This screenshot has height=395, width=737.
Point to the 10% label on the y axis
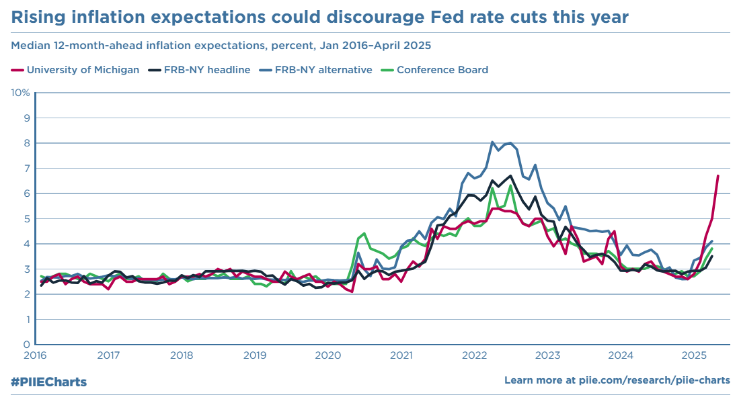pyautogui.click(x=21, y=92)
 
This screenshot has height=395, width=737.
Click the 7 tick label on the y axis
pyautogui.click(x=27, y=168)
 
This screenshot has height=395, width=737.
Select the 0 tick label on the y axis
pyautogui.click(x=27, y=345)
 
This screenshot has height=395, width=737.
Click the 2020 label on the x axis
pyautogui.click(x=327, y=355)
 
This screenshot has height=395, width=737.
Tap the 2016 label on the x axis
pyautogui.click(x=35, y=355)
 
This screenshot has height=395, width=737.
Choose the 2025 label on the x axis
pyautogui.click(x=693, y=355)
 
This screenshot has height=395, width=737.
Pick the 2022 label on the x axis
pyautogui.click(x=474, y=355)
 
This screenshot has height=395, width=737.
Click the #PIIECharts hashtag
pyautogui.click(x=48, y=382)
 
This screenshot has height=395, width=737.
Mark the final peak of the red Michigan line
pyautogui.click(x=717, y=175)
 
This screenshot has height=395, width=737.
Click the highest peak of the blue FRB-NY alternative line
pyautogui.click(x=492, y=142)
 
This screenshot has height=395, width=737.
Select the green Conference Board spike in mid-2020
pyautogui.click(x=364, y=233)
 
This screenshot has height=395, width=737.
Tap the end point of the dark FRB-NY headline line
pyautogui.click(x=712, y=256)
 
